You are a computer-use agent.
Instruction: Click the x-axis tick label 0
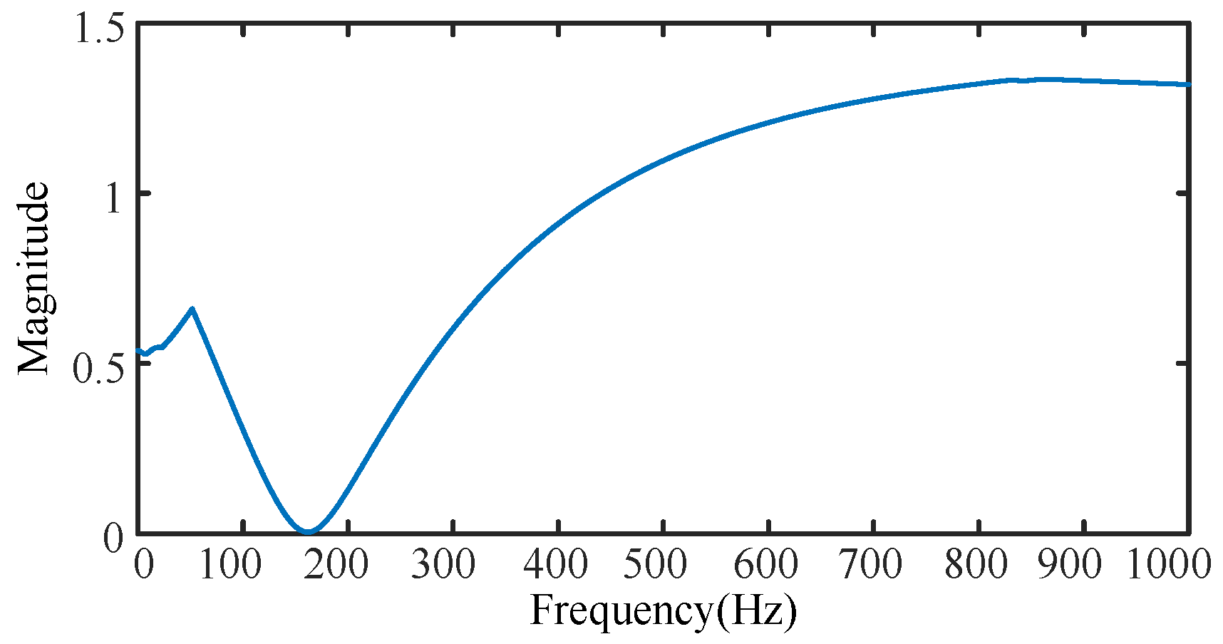point(144,566)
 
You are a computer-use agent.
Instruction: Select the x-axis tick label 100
point(229,566)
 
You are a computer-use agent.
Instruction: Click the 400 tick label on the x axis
point(555,566)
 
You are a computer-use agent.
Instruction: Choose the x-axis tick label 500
point(655,566)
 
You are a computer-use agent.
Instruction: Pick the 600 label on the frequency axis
point(766,566)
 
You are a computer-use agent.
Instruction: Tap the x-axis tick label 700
point(870,566)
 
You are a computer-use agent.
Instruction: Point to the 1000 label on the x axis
point(1169,566)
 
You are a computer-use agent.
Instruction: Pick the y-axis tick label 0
point(114,537)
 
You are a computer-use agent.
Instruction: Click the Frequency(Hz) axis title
point(663,612)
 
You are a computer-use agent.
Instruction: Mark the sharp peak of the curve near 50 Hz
point(192,309)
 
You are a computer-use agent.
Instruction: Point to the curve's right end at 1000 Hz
point(1188,85)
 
